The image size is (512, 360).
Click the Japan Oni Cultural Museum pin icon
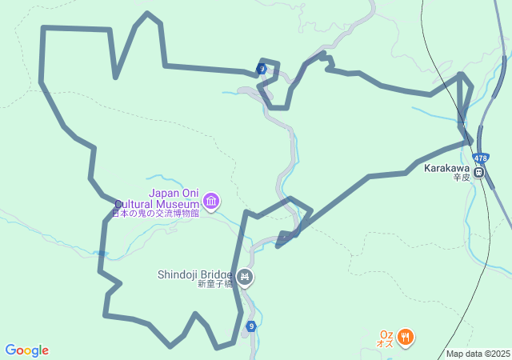point(211,201)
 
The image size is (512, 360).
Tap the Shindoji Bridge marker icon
point(245,278)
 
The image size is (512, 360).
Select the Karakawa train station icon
point(479,171)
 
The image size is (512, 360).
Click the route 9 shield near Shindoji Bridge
point(251,326)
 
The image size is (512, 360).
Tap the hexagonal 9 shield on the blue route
point(262,69)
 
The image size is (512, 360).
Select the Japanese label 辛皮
point(462,178)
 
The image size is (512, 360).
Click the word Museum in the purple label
point(178,204)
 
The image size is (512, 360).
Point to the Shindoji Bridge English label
point(194,274)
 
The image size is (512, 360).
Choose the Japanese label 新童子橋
point(214,284)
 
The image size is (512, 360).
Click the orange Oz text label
point(386,334)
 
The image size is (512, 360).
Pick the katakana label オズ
point(385,343)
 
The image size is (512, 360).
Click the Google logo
point(26,350)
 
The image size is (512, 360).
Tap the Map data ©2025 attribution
point(478,354)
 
